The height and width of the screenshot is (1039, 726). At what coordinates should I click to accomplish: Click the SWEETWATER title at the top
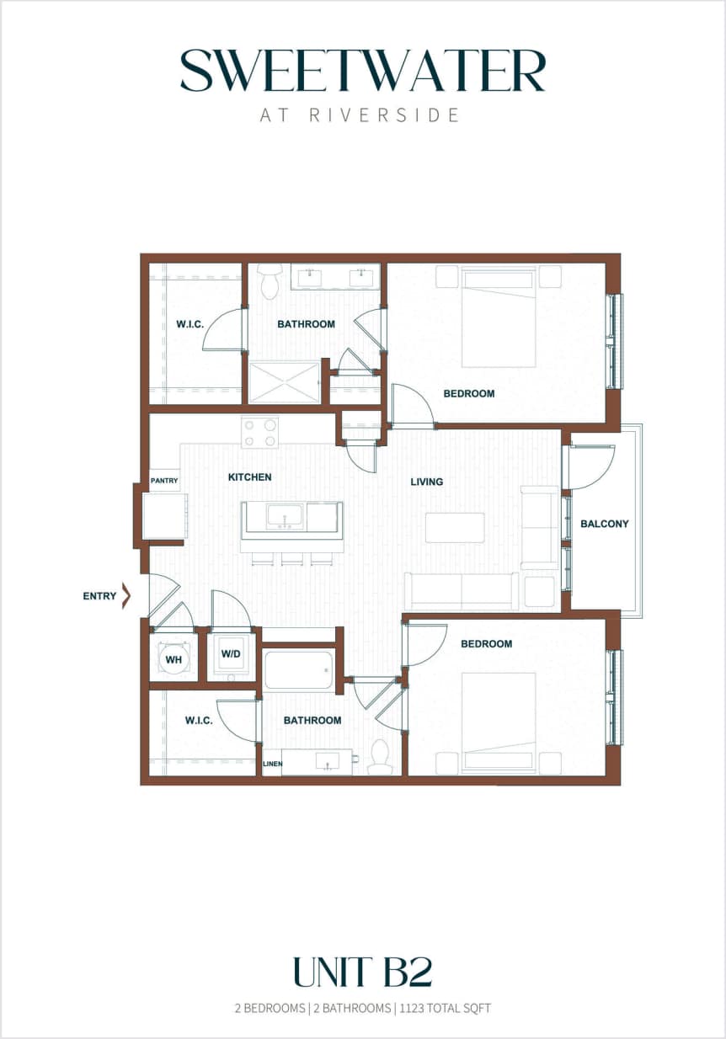tap(363, 71)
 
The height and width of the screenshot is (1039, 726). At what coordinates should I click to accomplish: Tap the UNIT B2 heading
tap(362, 972)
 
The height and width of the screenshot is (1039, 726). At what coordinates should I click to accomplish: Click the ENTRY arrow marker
tap(126, 596)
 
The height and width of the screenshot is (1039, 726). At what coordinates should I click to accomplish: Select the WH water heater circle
tap(173, 658)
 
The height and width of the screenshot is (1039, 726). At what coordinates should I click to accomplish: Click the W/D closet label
tap(231, 654)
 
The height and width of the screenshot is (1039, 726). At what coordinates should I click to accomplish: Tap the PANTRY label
tap(164, 481)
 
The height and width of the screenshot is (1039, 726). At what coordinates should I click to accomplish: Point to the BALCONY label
tap(604, 524)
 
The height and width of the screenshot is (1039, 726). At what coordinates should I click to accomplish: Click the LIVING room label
tap(426, 482)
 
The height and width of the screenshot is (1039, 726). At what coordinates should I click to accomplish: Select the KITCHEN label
tap(250, 477)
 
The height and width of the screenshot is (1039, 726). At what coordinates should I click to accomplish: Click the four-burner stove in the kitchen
tap(260, 433)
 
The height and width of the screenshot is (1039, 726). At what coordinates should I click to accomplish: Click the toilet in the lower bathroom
tap(380, 757)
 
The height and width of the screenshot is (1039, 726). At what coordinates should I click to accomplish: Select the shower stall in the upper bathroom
tap(285, 381)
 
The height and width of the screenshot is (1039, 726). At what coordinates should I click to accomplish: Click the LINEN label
tap(272, 765)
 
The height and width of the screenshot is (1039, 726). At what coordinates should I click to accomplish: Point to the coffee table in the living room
tap(455, 527)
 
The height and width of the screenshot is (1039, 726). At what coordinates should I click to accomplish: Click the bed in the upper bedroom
tap(499, 318)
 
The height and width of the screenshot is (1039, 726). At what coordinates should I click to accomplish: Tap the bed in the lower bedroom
tap(499, 720)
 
